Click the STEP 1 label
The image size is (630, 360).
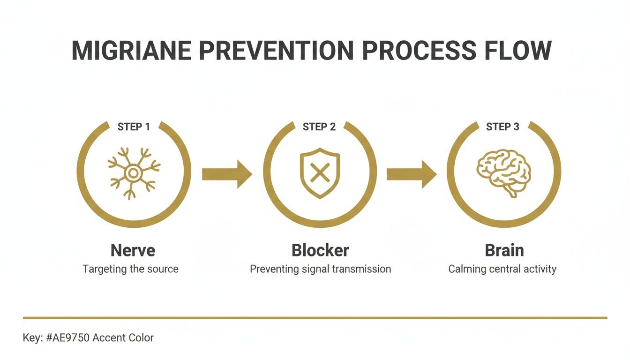click(134, 127)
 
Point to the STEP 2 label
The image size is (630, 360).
click(319, 127)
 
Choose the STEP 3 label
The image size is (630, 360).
click(502, 127)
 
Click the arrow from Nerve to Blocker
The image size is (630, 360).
click(227, 174)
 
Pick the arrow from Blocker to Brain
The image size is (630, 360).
click(411, 174)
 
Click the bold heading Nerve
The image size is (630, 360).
click(133, 250)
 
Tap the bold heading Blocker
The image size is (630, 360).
click(320, 250)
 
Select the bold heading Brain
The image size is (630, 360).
click(504, 250)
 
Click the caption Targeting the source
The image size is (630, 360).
click(130, 270)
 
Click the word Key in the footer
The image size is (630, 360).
click(30, 337)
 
